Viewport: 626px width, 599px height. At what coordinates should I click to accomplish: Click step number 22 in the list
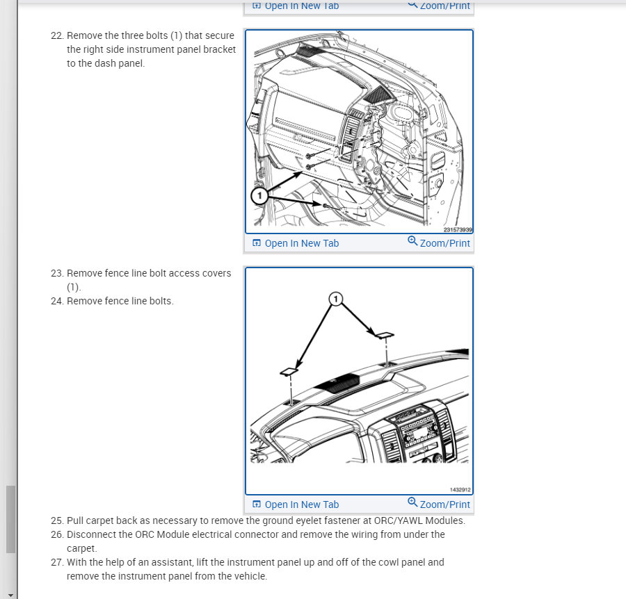(57, 35)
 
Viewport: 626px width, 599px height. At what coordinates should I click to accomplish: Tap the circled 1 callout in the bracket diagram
(259, 196)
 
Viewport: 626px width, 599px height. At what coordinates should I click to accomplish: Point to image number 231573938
(458, 229)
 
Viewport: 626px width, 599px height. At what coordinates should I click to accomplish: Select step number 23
(57, 273)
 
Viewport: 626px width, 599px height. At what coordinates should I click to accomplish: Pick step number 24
(57, 301)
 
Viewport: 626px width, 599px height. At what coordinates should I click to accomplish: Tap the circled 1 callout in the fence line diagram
(336, 299)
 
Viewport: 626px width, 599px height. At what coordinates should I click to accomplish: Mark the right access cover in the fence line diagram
(383, 335)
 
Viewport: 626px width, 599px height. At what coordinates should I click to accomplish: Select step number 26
(57, 534)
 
